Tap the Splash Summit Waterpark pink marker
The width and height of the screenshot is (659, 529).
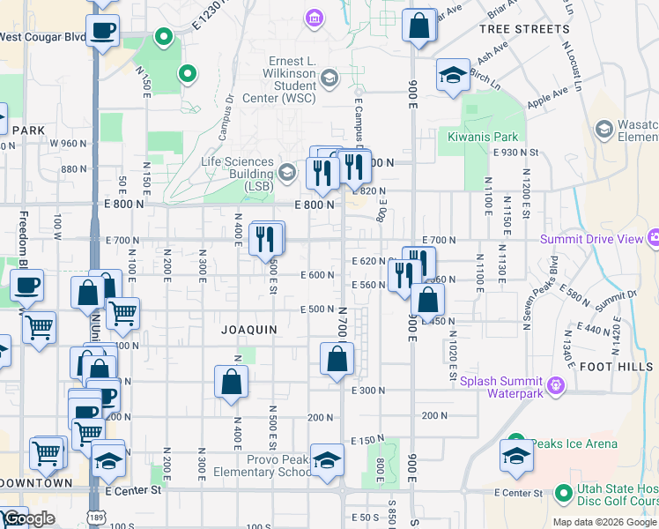[555, 385]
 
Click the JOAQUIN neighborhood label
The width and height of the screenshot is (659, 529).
[249, 329]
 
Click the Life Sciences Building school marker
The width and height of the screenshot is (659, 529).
[287, 171]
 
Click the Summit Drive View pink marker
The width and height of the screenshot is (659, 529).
[653, 238]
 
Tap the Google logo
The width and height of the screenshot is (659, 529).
[28, 519]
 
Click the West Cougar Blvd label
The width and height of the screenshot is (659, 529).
[42, 37]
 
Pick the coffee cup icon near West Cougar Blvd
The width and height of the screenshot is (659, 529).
[102, 31]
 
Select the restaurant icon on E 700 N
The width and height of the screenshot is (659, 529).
[266, 239]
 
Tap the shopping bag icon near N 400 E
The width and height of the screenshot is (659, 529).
[231, 382]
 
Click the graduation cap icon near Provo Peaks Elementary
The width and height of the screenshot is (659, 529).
[327, 461]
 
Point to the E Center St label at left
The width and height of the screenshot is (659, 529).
[133, 489]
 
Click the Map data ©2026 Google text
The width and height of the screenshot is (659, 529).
[604, 522]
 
